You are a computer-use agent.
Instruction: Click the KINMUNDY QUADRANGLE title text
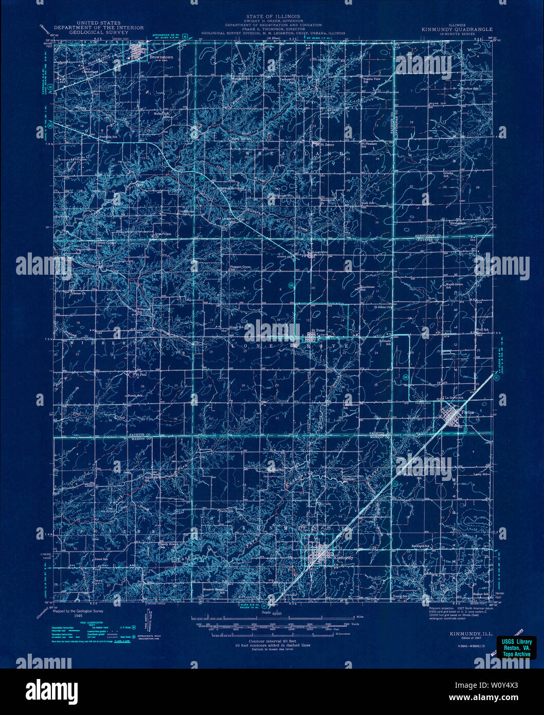coord(457,29)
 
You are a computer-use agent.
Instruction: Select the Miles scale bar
coord(273,616)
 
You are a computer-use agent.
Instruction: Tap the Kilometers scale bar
coord(273,634)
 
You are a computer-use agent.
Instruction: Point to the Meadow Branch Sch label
coord(213,591)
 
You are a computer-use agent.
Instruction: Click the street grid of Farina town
coord(452,414)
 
